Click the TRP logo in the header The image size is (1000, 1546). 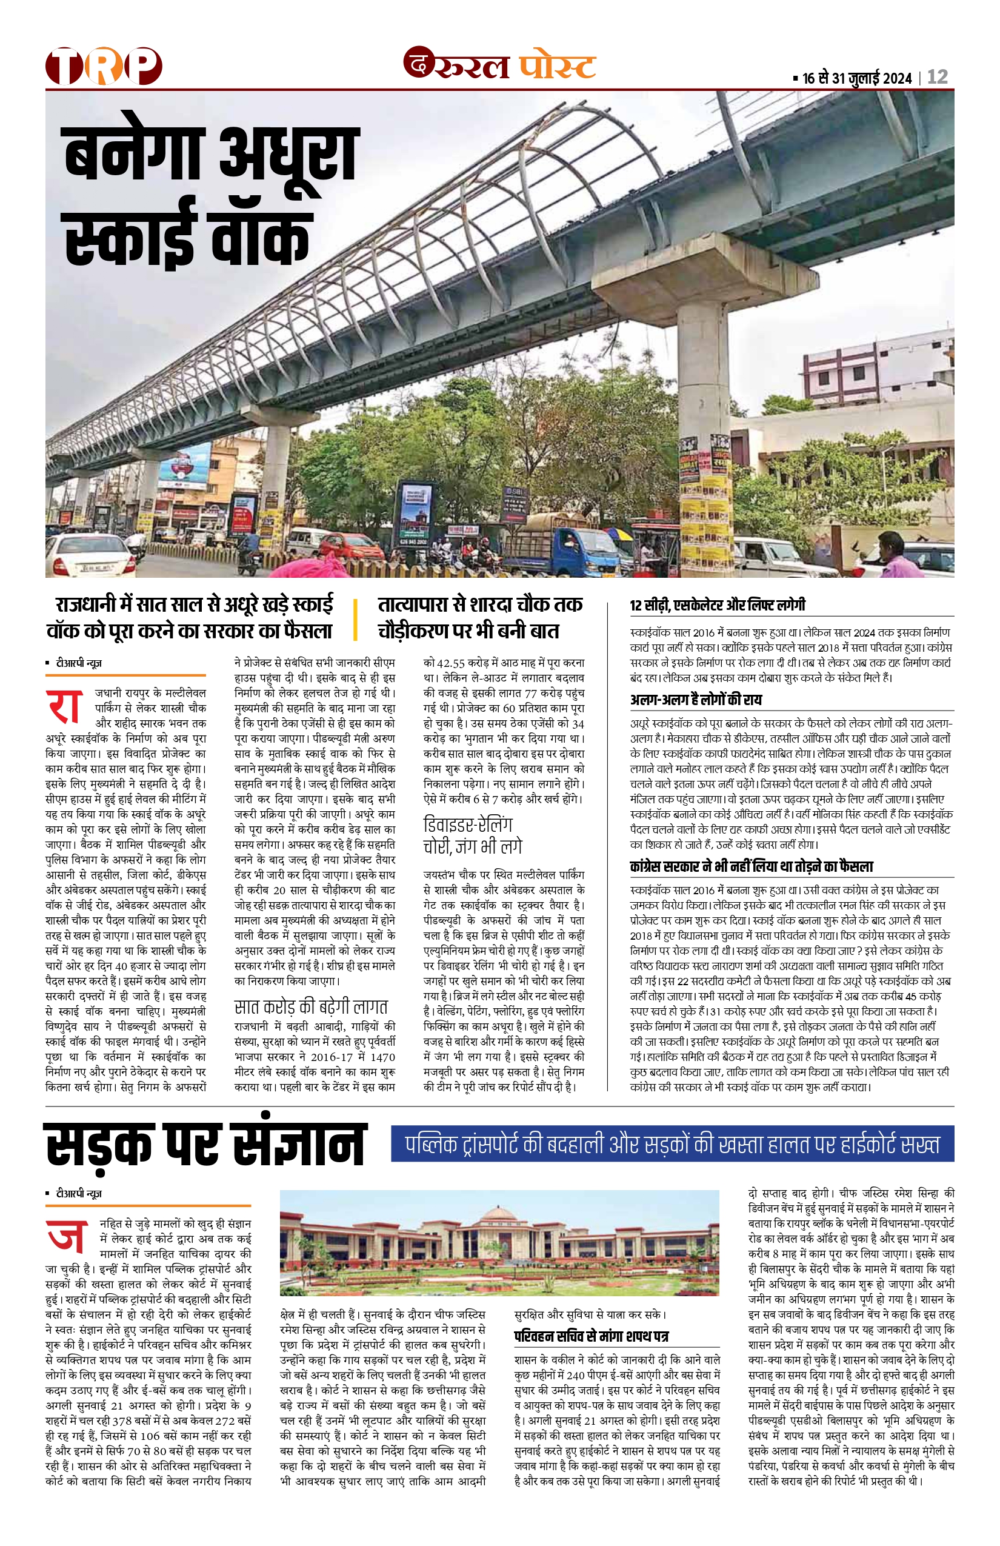tap(104, 66)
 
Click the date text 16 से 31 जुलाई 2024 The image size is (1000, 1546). tap(856, 79)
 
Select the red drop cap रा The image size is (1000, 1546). tap(64, 706)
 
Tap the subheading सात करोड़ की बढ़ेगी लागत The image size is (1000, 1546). tap(311, 1008)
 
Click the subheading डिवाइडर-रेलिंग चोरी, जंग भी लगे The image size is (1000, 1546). tap(472, 835)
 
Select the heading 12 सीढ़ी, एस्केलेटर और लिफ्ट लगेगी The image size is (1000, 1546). tap(717, 606)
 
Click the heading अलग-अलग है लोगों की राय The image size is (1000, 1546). tap(696, 700)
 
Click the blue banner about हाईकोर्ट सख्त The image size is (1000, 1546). tap(672, 1144)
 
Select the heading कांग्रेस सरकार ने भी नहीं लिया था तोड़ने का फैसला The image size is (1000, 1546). tap(752, 866)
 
